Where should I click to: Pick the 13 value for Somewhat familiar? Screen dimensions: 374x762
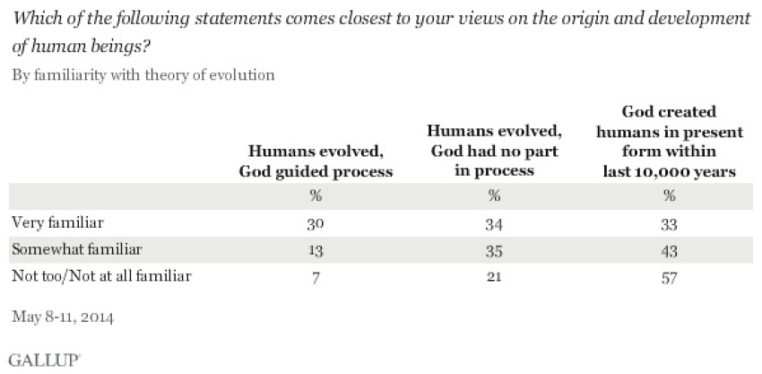click(x=316, y=250)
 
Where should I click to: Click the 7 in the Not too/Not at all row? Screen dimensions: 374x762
click(x=316, y=277)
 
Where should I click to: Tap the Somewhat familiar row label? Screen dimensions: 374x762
click(x=68, y=250)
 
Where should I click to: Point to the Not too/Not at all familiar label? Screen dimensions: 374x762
click(x=100, y=277)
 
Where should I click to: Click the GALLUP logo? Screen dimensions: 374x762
click(x=44, y=356)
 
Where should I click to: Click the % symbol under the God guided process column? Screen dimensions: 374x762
click(x=316, y=196)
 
